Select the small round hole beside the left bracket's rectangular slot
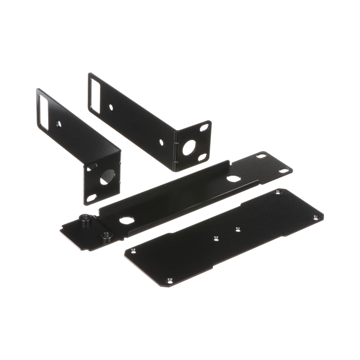point(58,124)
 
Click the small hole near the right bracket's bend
point(161,142)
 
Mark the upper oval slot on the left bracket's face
point(89,167)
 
